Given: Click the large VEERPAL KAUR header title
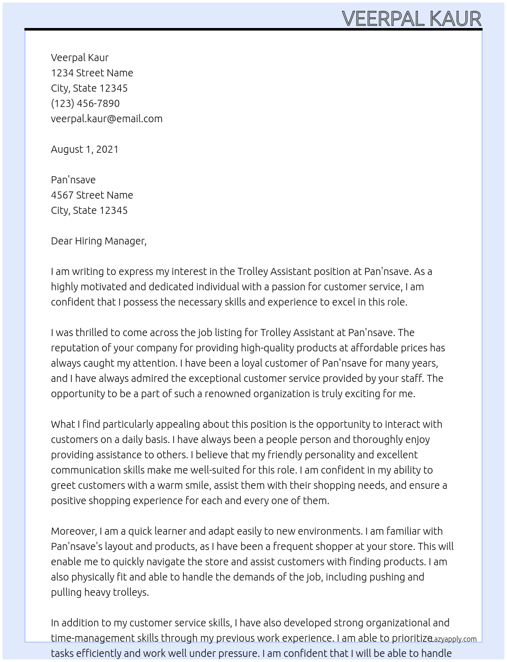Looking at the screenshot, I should pyautogui.click(x=411, y=18).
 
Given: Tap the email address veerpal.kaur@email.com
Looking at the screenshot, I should pyautogui.click(x=106, y=119).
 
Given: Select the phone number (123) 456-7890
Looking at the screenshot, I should pyautogui.click(x=85, y=103).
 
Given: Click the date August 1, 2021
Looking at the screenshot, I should pyautogui.click(x=84, y=149).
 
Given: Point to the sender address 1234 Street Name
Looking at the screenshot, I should pyautogui.click(x=92, y=73).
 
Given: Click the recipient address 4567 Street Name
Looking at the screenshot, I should pyautogui.click(x=92, y=195).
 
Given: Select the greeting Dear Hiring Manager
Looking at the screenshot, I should pyautogui.click(x=98, y=241).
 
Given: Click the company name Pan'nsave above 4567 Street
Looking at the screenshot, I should pyautogui.click(x=73, y=180).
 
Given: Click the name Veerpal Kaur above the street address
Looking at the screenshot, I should pyautogui.click(x=79, y=58).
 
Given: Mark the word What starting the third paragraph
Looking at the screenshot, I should pyautogui.click(x=63, y=424).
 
